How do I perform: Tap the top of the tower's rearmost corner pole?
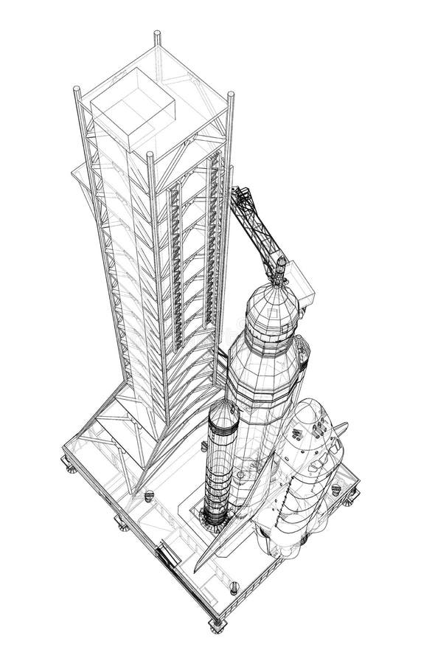tap(157, 34)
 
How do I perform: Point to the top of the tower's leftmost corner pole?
tap(77, 89)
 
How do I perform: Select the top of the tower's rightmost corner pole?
tap(231, 95)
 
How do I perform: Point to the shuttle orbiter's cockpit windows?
tap(318, 428)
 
